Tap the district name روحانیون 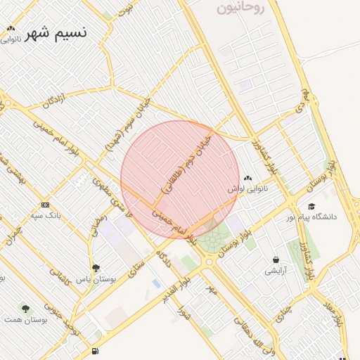(x=240, y=8)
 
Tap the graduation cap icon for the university (x=311, y=206)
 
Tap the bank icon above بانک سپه (x=45, y=205)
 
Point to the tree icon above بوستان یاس (x=96, y=268)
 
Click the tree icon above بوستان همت (x=26, y=309)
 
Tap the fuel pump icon (x=95, y=351)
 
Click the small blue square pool (x=155, y=283)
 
